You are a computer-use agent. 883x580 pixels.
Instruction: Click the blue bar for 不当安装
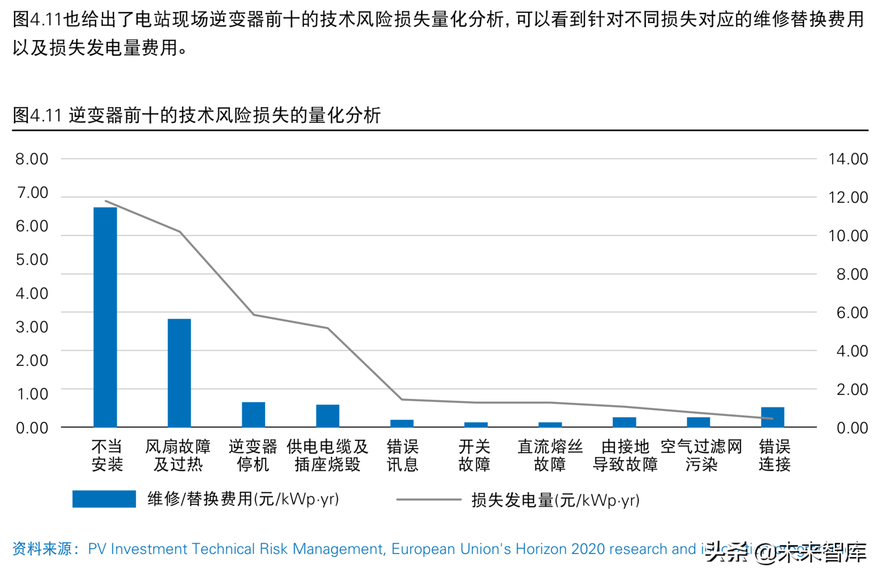tap(105, 317)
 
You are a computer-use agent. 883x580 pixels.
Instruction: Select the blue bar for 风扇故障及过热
tap(179, 373)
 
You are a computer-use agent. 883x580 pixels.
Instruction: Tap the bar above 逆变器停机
tap(253, 414)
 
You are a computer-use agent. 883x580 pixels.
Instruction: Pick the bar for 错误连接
tap(773, 417)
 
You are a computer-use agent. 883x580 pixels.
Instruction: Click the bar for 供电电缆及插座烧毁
tap(328, 416)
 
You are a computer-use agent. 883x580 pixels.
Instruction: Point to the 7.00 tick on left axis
tap(32, 193)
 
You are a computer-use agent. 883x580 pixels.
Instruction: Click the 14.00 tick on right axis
tap(848, 159)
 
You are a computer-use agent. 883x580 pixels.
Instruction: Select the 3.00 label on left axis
tap(32, 327)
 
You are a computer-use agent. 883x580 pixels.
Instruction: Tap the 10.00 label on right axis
tap(848, 235)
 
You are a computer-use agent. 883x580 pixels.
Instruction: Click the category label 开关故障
tap(474, 455)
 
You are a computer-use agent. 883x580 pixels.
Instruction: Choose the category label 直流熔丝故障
tap(550, 455)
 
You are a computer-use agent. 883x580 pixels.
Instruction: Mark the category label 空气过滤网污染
tap(701, 455)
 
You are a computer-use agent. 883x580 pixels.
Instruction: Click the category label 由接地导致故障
tap(625, 455)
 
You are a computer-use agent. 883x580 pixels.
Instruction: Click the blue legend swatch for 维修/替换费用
tap(104, 499)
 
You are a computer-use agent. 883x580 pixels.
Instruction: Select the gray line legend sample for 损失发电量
tap(428, 500)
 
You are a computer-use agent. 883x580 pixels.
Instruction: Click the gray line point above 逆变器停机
tap(253, 315)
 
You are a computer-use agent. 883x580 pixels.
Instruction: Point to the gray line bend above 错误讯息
tap(402, 399)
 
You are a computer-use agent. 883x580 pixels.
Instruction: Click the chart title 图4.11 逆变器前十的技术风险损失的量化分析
tap(197, 115)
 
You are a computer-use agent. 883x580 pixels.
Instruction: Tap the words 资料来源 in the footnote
tap(42, 549)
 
